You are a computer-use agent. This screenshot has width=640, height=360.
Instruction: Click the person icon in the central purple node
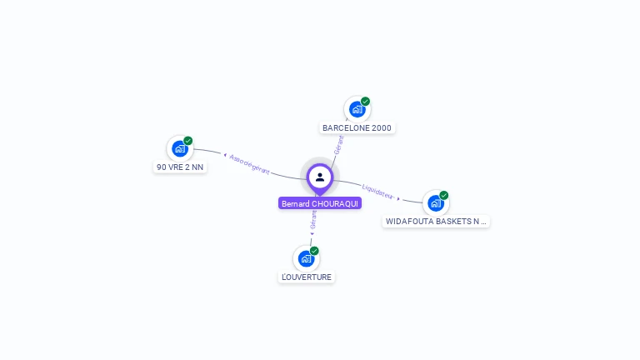320,177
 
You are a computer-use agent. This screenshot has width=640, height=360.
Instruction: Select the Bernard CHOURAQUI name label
320,203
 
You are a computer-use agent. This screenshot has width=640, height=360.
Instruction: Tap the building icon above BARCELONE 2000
357,109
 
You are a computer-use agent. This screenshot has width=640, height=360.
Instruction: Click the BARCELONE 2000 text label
357,128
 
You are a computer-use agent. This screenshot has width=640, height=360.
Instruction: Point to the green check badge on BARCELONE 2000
365,102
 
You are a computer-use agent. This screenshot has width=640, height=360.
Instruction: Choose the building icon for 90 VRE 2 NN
179,148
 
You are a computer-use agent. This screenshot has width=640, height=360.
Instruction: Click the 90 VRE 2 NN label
180,167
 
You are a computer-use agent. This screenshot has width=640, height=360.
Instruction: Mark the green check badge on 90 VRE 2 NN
188,141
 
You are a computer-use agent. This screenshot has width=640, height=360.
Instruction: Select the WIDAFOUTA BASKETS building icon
435,202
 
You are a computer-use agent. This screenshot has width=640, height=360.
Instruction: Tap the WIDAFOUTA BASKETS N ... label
436,222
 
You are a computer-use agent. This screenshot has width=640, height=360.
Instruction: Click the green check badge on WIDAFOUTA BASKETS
444,195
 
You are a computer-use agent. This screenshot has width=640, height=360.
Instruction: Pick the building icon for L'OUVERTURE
306,258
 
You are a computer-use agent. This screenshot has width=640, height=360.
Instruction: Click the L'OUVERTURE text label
306,277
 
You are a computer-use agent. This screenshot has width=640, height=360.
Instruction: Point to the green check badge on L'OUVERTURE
314,251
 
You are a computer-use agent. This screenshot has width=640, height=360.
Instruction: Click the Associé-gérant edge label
250,164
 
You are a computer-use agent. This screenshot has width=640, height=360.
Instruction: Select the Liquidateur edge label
377,192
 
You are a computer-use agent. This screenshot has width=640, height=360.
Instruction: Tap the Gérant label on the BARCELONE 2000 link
338,144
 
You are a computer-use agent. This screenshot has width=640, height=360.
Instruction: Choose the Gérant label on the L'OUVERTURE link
313,219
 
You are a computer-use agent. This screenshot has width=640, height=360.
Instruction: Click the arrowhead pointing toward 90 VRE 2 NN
225,155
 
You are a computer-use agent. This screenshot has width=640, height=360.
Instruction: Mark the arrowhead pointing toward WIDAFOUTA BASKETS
398,198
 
